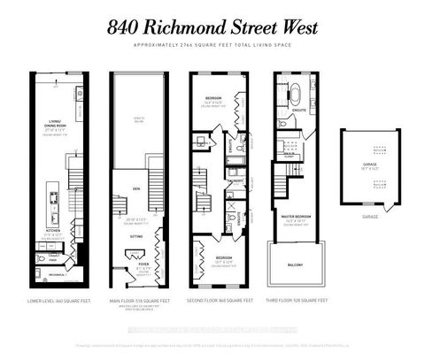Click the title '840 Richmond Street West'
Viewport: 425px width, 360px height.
(212, 27)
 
